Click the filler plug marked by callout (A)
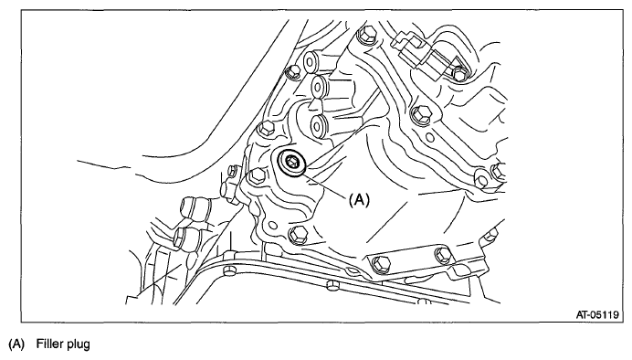pos(291,165)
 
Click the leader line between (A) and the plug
pos(326,182)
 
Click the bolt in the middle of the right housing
pos(422,116)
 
